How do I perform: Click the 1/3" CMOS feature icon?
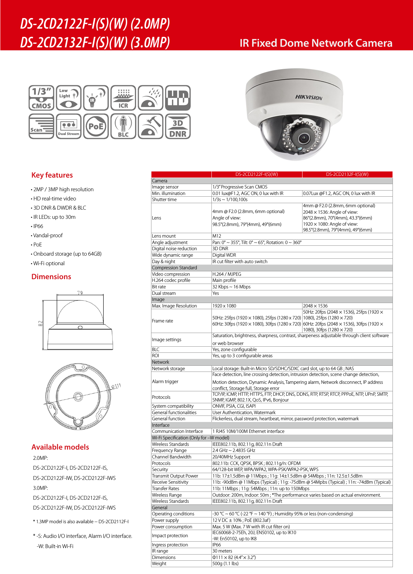(x=41, y=98)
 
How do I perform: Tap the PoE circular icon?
(x=96, y=126)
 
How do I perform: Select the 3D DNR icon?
(x=178, y=126)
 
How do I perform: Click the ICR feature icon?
(x=123, y=98)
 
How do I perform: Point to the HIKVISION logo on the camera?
(x=309, y=97)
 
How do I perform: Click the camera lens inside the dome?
(x=303, y=138)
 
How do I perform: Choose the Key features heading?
(x=52, y=175)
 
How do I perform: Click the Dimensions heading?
(x=51, y=277)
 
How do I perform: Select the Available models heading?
(x=60, y=447)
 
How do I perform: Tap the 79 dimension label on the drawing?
(x=80, y=293)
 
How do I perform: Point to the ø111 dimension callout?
(x=116, y=386)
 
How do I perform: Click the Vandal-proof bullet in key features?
(x=48, y=236)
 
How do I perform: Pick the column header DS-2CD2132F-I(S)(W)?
(x=347, y=174)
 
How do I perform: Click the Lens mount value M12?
(x=217, y=236)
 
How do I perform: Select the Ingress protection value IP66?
(x=217, y=545)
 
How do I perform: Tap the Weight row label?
(x=159, y=563)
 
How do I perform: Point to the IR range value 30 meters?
(x=222, y=551)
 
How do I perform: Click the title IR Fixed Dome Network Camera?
(x=316, y=43)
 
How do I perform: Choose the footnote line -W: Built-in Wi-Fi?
(x=55, y=546)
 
